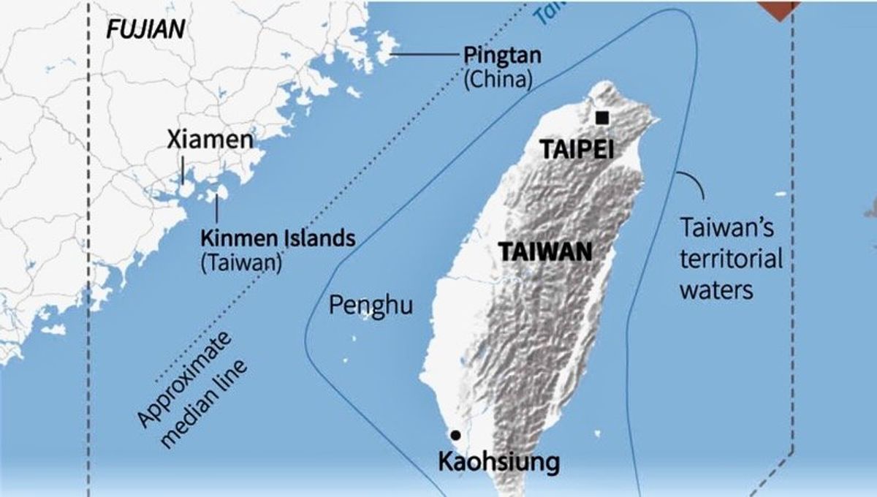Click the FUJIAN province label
[x=145, y=30]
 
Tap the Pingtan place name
[x=498, y=56]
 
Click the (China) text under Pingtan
[x=497, y=78]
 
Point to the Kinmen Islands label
[x=278, y=238]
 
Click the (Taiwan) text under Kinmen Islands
[x=240, y=262]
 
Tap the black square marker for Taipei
[x=602, y=118]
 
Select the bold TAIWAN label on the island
[x=544, y=252]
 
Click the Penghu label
[x=371, y=305]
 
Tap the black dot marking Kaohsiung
[x=456, y=434]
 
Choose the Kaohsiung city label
[x=498, y=462]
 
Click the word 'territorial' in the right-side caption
[x=731, y=259]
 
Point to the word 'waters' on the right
[x=716, y=289]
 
